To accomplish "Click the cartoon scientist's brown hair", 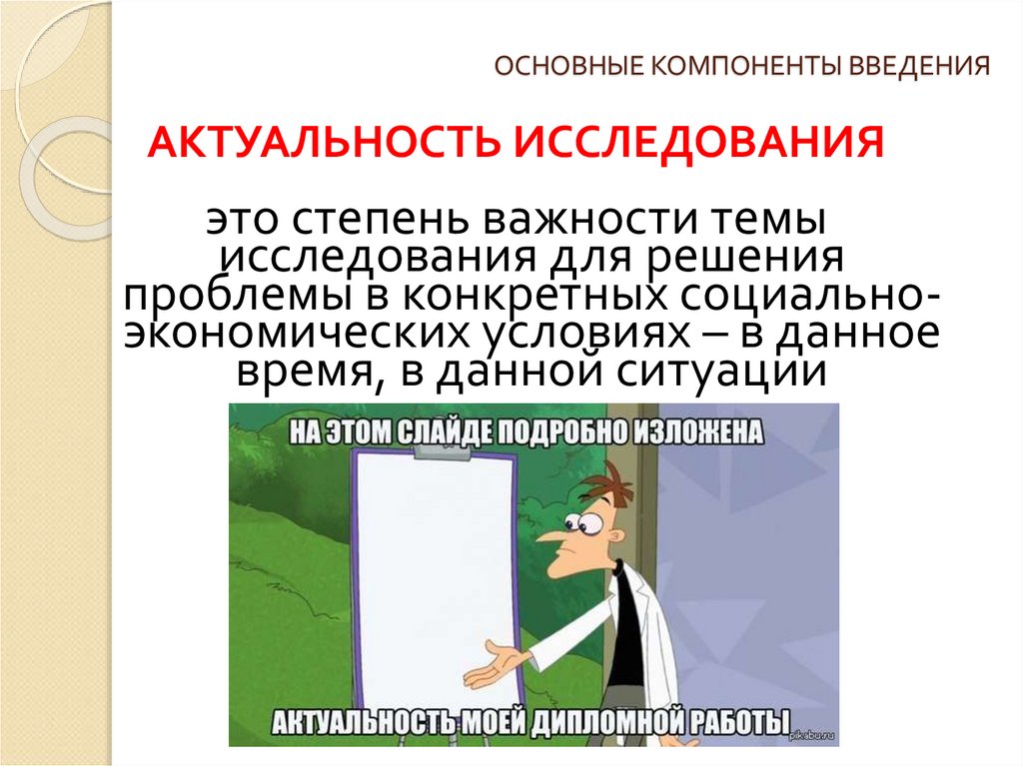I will tap(611, 486).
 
